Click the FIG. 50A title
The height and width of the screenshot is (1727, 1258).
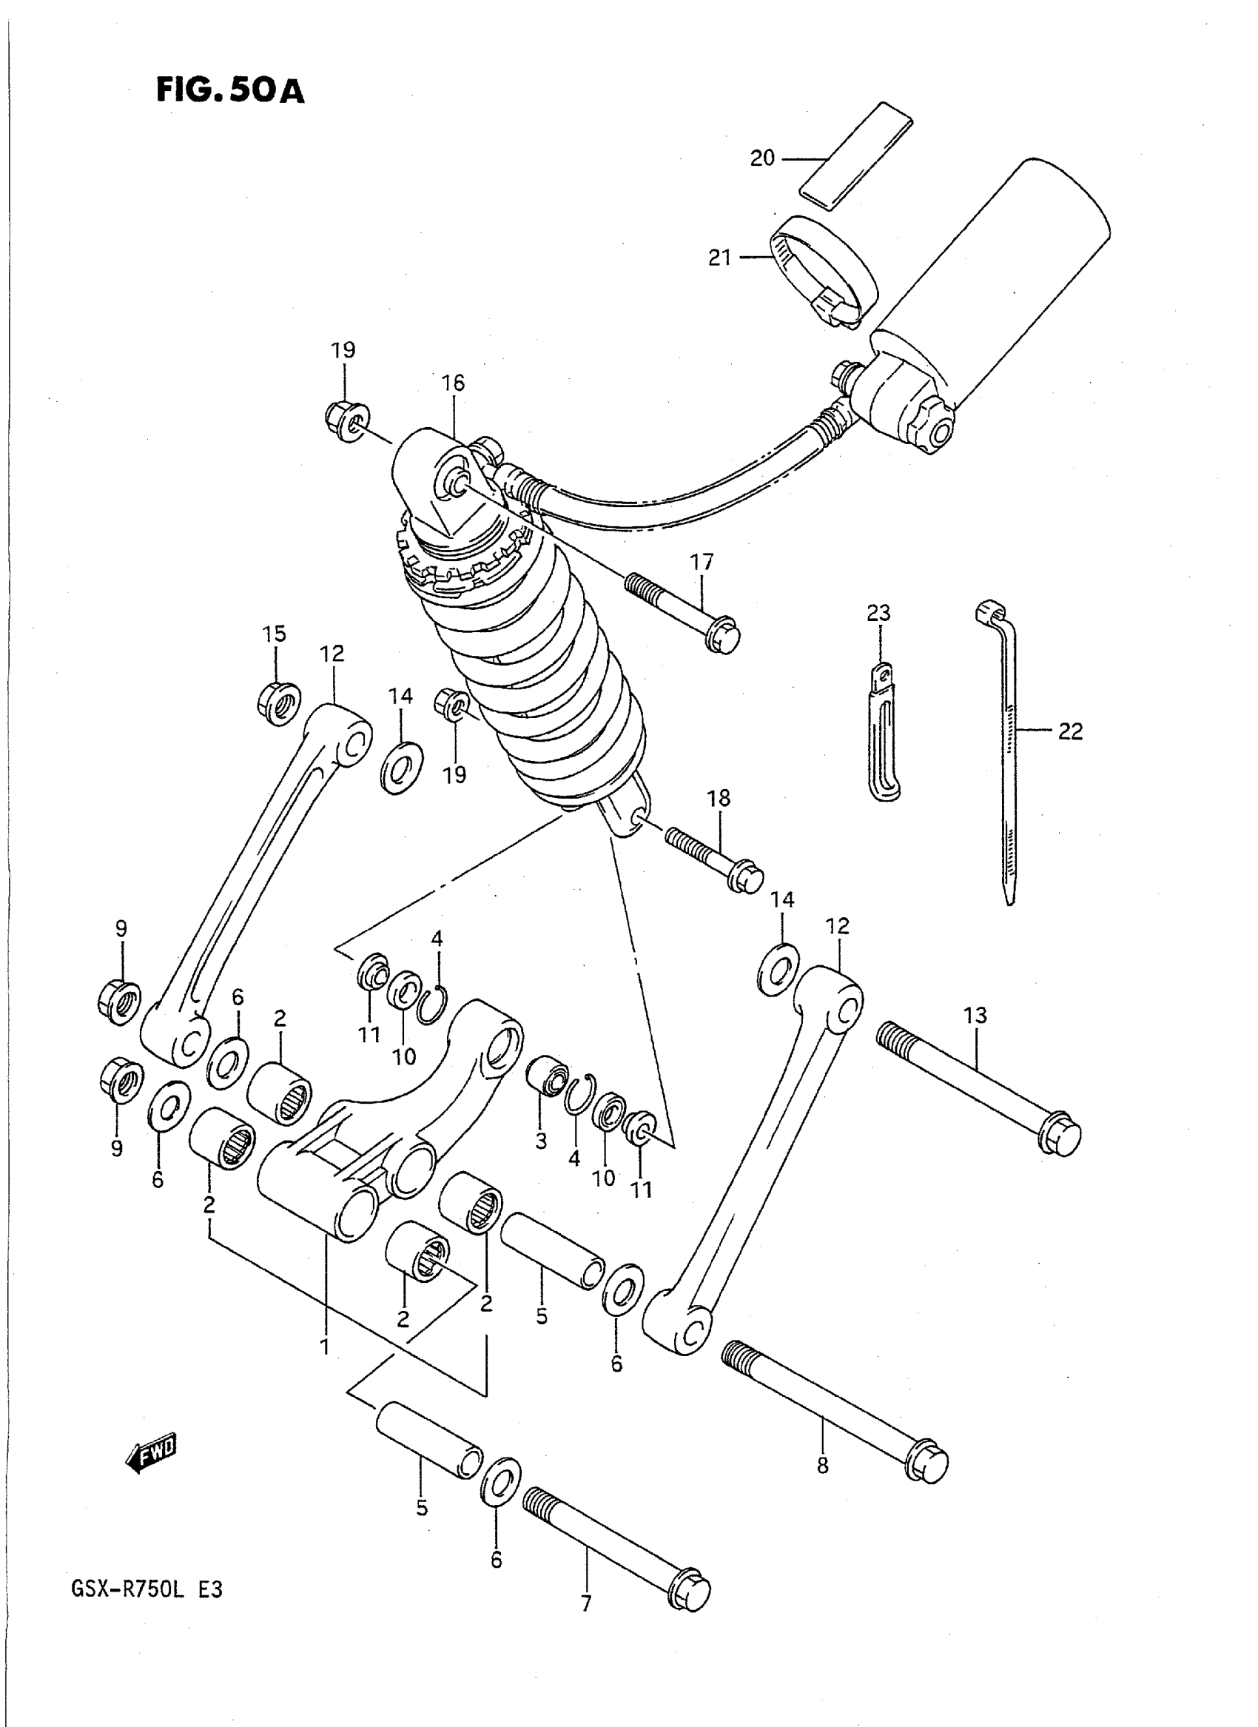pos(230,90)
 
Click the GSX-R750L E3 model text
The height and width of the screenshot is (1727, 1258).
pos(147,1591)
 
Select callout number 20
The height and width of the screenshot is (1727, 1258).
pos(762,158)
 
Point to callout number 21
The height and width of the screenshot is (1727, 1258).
pos(720,258)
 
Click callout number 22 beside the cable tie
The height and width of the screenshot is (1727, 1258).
pos(1070,731)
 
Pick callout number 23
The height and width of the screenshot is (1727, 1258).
pos(878,612)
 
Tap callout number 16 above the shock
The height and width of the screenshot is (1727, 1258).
pos(453,383)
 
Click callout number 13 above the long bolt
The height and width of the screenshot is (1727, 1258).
pos(975,1016)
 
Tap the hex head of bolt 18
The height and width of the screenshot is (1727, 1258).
pos(744,879)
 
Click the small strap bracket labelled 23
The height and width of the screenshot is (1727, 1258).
pos(884,731)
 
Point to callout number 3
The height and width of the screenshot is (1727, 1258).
pos(541,1163)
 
